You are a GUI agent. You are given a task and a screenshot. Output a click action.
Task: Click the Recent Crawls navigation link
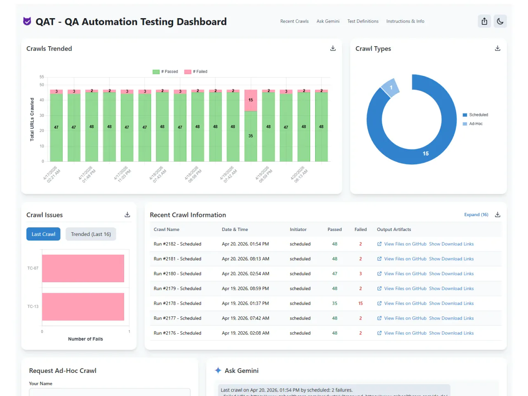tap(294, 21)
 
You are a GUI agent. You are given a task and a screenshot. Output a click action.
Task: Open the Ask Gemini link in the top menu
tap(328, 21)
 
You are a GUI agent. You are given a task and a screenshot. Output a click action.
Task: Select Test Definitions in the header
tap(363, 21)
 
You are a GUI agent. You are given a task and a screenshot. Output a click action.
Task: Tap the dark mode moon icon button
tap(500, 21)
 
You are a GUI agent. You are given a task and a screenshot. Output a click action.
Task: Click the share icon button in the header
tap(484, 21)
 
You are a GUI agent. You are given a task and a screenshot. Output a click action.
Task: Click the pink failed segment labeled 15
tap(250, 101)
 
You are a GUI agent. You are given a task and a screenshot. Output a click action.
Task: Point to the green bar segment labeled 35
tap(250, 136)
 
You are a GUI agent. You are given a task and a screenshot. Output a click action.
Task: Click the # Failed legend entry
tap(196, 72)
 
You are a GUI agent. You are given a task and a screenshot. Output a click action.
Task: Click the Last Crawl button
tap(43, 234)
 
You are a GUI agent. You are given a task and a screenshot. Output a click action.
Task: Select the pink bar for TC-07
tap(83, 269)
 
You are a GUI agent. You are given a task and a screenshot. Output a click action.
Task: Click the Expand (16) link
tap(476, 215)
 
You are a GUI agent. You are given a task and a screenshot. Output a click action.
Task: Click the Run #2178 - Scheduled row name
tap(177, 304)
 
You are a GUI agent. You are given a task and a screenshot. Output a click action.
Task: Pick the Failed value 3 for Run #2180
tap(361, 274)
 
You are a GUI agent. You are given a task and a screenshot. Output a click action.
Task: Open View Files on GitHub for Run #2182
tap(405, 244)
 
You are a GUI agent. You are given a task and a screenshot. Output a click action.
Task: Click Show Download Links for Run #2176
tap(451, 333)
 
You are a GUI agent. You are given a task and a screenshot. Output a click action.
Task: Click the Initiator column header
tap(298, 230)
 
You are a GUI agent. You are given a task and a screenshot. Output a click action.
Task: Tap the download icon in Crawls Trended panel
tap(333, 49)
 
